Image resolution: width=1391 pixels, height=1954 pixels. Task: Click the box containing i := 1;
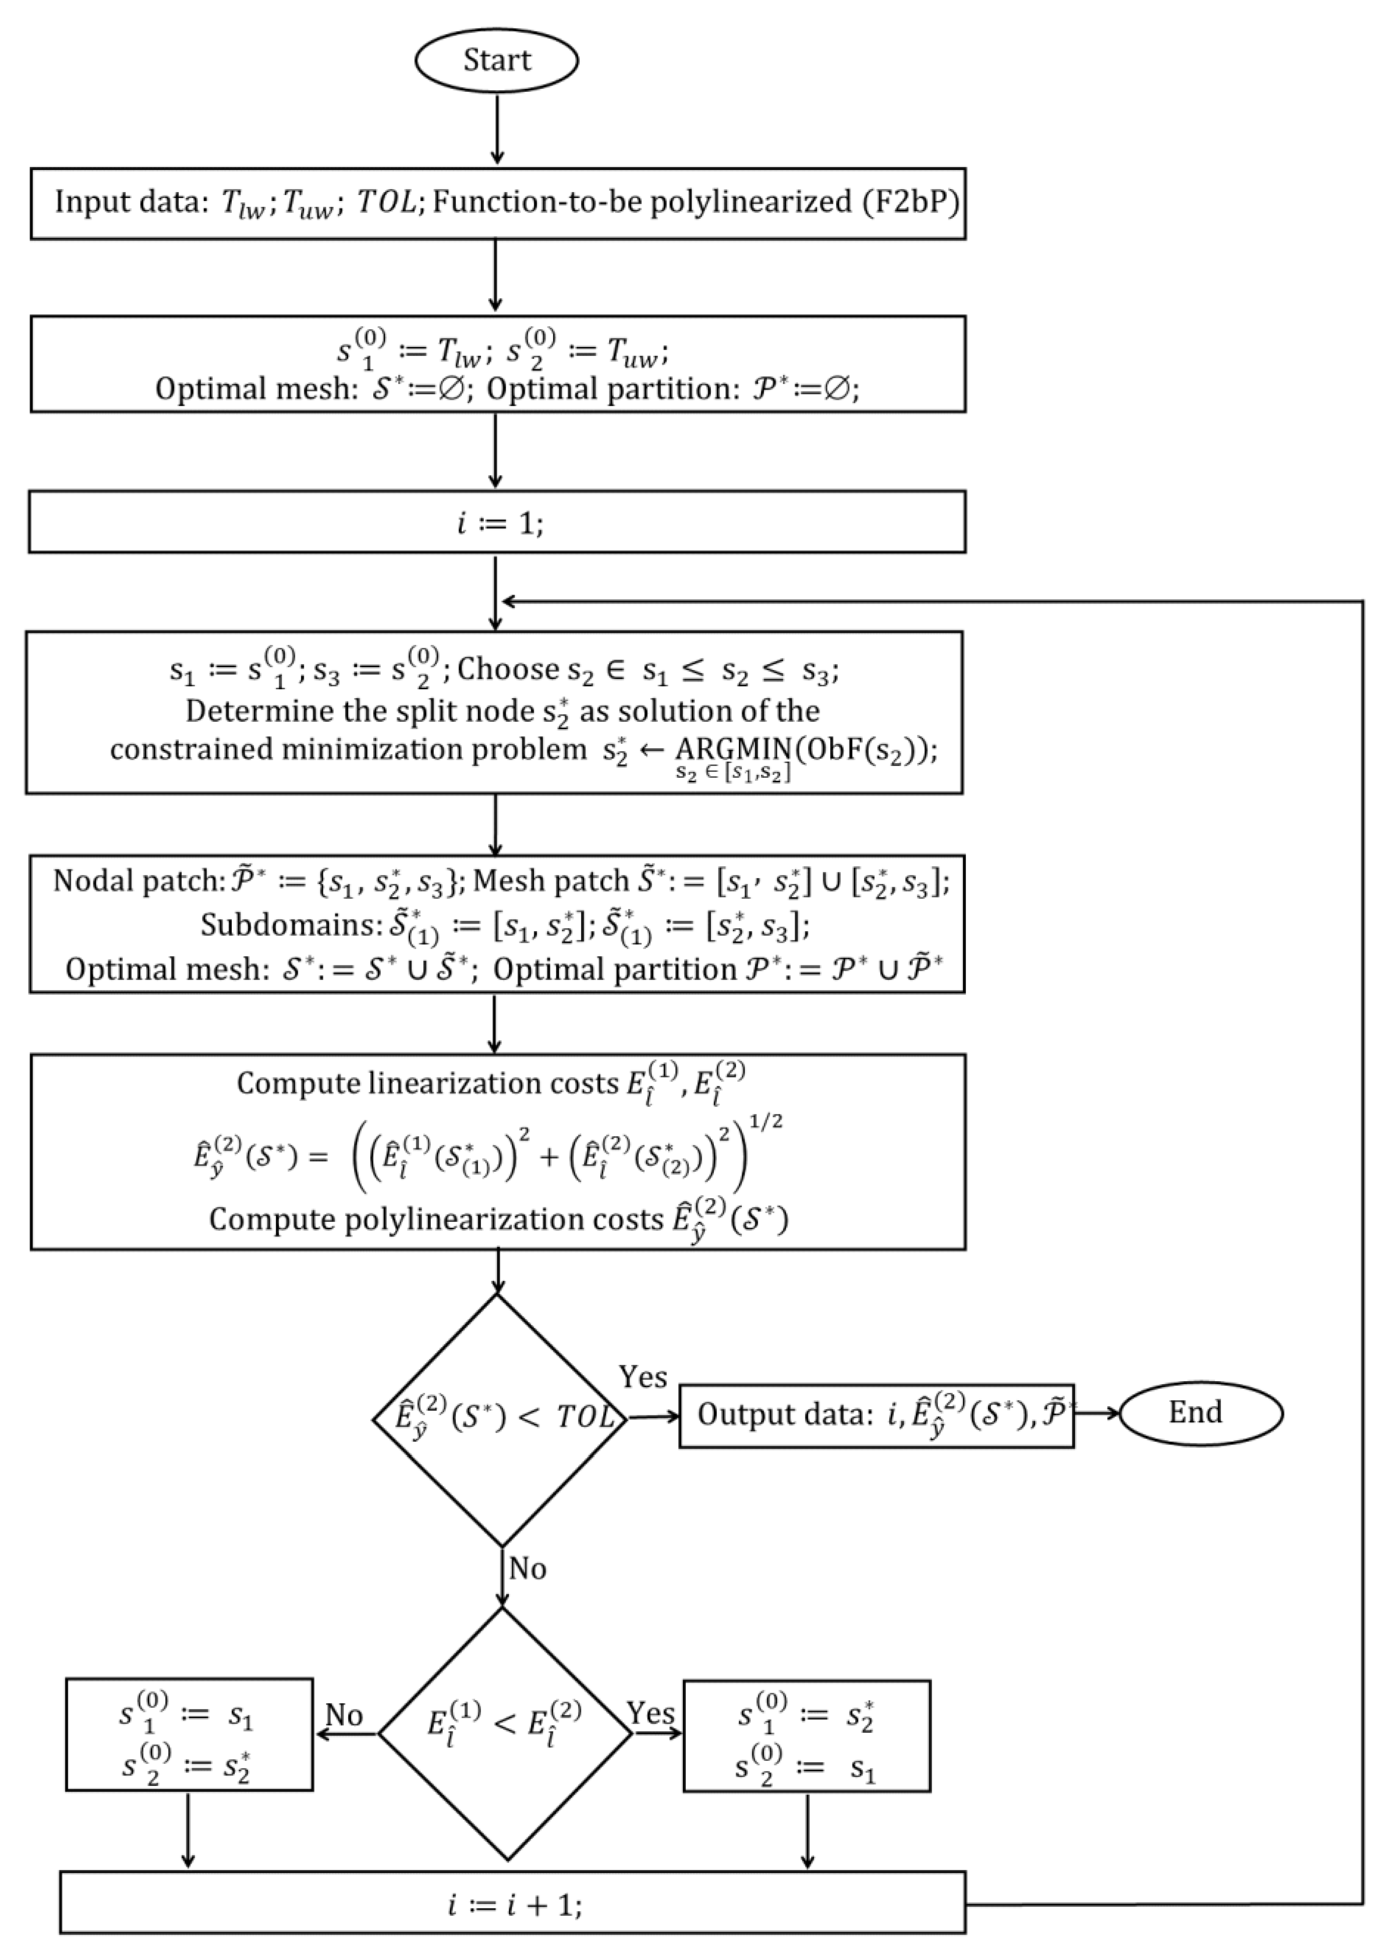[497, 521]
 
